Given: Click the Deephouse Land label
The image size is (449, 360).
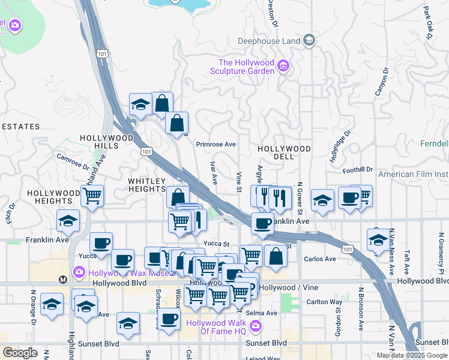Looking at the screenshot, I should click(268, 41).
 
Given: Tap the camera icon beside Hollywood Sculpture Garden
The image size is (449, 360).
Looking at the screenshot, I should click(285, 66).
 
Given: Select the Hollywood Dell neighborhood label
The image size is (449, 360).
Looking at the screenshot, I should click(284, 152).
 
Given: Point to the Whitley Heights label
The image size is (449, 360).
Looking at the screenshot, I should click(146, 185).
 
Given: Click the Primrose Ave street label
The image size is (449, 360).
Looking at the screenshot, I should click(218, 145).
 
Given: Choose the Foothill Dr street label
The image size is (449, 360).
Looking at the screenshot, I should click(358, 170).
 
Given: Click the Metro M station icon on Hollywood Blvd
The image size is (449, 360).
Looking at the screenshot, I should click(62, 280).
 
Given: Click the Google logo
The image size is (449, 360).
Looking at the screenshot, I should click(20, 353).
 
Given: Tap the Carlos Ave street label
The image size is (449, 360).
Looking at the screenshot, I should click(320, 259).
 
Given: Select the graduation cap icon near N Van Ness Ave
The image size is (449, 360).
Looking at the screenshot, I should click(378, 240).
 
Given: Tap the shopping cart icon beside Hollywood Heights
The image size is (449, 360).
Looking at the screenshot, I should click(92, 195).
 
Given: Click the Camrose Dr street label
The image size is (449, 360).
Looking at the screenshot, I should click(73, 159).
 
